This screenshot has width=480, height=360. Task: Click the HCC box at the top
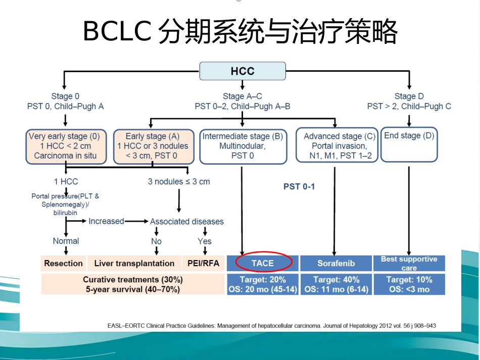click(243, 71)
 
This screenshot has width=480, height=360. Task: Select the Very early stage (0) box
click(66, 146)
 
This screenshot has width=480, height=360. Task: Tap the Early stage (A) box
click(154, 146)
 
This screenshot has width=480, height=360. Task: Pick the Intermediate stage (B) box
click(243, 146)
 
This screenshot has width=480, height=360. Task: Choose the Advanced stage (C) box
click(337, 145)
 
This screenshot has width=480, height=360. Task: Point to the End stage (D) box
click(409, 144)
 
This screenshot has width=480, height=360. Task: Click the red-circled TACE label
click(263, 263)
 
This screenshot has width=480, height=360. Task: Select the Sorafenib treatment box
click(336, 263)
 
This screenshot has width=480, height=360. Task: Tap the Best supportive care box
click(409, 263)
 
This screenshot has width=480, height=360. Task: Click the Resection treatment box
click(63, 263)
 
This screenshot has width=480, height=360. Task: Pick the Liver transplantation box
click(134, 263)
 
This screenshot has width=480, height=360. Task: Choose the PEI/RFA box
click(203, 263)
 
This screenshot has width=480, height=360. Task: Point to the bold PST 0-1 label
click(299, 187)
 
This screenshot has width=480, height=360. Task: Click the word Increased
click(106, 221)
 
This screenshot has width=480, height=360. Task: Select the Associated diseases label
click(187, 222)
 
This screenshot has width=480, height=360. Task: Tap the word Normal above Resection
click(66, 241)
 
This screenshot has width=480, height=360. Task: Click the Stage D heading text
click(409, 96)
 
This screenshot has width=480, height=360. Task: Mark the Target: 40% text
click(336, 280)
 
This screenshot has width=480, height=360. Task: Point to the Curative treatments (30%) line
click(133, 280)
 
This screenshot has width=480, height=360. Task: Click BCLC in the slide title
click(117, 31)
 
